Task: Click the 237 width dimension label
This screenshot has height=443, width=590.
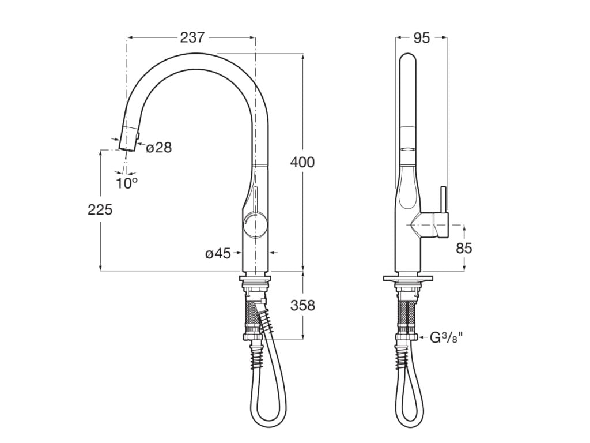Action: [x=192, y=37]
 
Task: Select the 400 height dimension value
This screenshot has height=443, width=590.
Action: [x=302, y=162]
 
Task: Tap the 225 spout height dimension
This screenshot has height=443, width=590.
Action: [x=100, y=209]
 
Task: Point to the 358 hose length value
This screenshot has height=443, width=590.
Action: [x=302, y=305]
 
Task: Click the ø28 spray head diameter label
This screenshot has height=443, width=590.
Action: [x=159, y=148]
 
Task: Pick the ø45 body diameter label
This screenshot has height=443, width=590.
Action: [x=218, y=253]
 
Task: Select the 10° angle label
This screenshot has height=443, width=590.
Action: [x=126, y=183]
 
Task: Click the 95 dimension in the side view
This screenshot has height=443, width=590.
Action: [x=422, y=37]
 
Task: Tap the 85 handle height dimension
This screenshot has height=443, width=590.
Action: [x=464, y=248]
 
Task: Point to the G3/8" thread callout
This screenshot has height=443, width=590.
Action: [x=447, y=337]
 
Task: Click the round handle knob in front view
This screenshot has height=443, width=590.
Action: [x=255, y=224]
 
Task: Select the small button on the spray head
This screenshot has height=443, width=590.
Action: [x=138, y=134]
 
